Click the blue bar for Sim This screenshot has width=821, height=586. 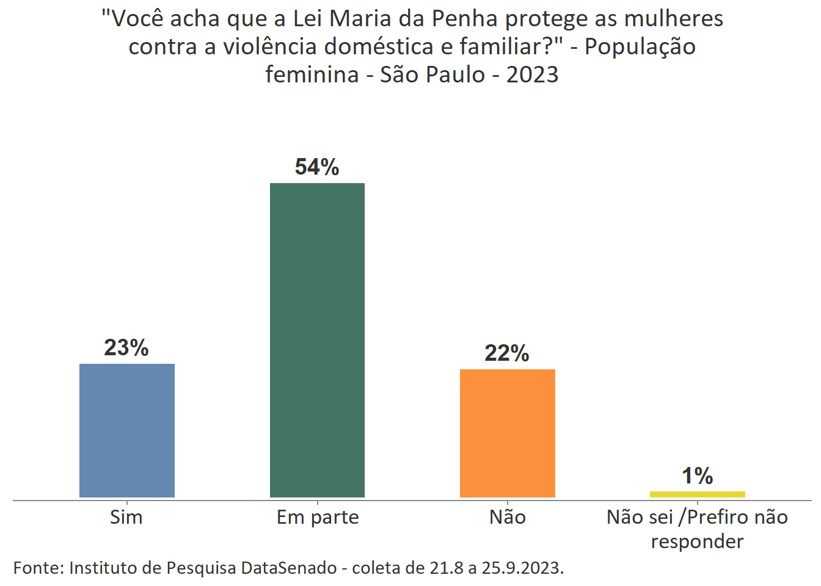pyautogui.click(x=127, y=430)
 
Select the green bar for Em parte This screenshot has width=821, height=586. pyautogui.click(x=317, y=340)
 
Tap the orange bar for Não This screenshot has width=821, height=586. pyautogui.click(x=507, y=433)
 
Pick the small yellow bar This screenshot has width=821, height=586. pyautogui.click(x=697, y=494)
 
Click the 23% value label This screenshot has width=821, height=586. pyautogui.click(x=126, y=347)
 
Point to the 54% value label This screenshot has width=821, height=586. pyautogui.click(x=317, y=167)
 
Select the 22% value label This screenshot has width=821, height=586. pyautogui.click(x=507, y=353)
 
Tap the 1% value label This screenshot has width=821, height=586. pyautogui.click(x=697, y=476)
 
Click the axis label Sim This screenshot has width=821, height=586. pyautogui.click(x=126, y=517)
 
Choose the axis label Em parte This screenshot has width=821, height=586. pyautogui.click(x=318, y=517)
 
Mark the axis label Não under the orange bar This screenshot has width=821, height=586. pyautogui.click(x=508, y=517)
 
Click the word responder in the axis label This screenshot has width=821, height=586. pyautogui.click(x=697, y=541)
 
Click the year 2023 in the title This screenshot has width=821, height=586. pyautogui.click(x=532, y=74)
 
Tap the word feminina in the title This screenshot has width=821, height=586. pyautogui.click(x=312, y=74)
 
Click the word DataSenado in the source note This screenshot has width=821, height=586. pyautogui.click(x=289, y=568)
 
